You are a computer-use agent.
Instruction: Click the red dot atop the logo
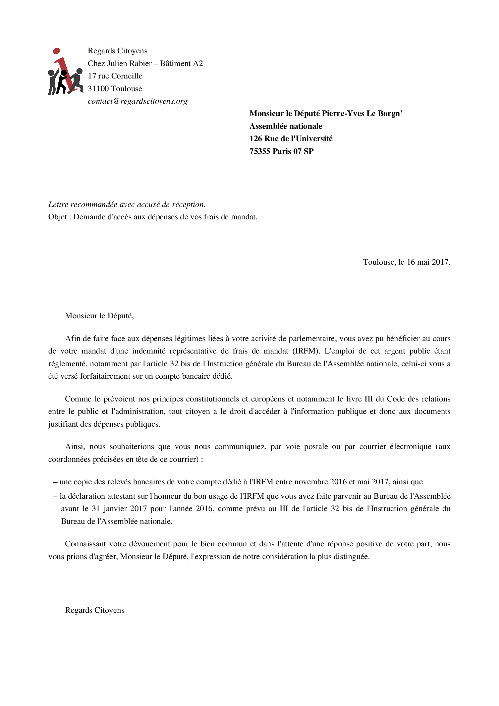(x=57, y=51)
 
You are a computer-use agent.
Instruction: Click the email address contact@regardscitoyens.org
(x=137, y=101)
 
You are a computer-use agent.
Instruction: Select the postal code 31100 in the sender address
(x=98, y=89)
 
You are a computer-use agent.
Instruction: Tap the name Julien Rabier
(x=129, y=64)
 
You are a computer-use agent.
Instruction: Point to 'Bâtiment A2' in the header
(x=181, y=64)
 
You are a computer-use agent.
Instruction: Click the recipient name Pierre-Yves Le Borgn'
(x=362, y=114)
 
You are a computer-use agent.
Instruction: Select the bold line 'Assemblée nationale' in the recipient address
(x=286, y=126)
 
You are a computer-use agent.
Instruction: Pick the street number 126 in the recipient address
(x=256, y=139)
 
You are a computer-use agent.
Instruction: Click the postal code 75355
(x=260, y=152)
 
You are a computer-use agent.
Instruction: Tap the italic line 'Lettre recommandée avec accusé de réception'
(x=127, y=205)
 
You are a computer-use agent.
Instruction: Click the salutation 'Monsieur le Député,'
(x=99, y=316)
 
